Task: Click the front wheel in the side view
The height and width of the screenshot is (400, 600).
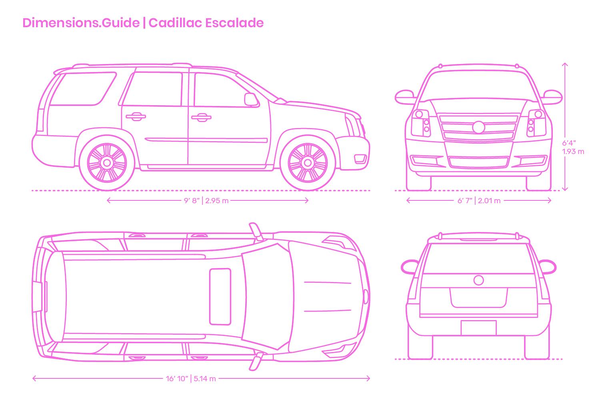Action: [x=308, y=163]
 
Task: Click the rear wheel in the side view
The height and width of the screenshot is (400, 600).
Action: [x=107, y=163]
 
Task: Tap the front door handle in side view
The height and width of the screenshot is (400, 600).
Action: [x=201, y=117]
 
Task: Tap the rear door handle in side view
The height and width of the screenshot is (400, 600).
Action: [x=136, y=116]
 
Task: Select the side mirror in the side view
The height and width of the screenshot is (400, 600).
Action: [x=251, y=99]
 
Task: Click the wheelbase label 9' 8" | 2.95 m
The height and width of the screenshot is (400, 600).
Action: [x=206, y=200]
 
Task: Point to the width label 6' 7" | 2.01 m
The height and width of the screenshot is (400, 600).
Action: [x=479, y=200]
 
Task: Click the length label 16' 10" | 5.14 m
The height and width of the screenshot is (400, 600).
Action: [x=191, y=378]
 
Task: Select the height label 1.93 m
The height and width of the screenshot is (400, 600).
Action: [x=573, y=152]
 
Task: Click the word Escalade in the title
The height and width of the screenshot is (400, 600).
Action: [x=235, y=23]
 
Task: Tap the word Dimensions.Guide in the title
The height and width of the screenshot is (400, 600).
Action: [x=81, y=23]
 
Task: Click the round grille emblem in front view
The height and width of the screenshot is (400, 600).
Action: [x=479, y=127]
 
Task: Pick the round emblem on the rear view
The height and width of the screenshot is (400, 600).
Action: [x=479, y=280]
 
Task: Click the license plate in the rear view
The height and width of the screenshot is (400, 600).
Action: [x=479, y=328]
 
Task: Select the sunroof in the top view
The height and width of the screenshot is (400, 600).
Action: [x=220, y=296]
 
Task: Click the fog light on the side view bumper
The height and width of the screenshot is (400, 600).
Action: [x=360, y=159]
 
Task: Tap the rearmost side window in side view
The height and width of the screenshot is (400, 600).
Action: [x=83, y=89]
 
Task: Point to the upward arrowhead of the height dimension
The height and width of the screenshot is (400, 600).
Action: [x=565, y=64]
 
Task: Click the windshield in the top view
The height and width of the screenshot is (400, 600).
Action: [x=268, y=297]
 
